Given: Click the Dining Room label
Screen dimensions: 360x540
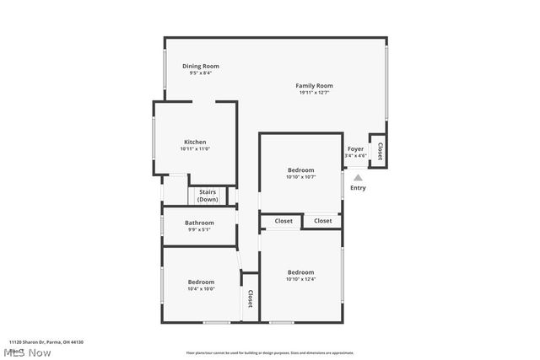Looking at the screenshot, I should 201,66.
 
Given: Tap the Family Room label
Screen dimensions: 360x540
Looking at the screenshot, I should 314,85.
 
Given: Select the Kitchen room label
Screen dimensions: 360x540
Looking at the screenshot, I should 195,142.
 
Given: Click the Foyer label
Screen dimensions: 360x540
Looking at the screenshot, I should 356,148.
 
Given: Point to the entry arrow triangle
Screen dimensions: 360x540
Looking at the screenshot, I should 358,177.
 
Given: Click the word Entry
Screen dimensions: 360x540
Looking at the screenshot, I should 358,187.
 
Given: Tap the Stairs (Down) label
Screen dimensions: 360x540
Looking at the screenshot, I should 208,196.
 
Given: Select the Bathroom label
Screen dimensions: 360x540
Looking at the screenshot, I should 200,223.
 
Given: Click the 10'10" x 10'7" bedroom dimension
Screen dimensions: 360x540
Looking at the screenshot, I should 300,177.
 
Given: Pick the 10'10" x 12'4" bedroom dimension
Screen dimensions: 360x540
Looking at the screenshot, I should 300,279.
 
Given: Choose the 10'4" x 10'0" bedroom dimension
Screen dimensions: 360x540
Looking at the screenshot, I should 201,288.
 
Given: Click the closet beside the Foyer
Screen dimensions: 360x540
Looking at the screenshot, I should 380,151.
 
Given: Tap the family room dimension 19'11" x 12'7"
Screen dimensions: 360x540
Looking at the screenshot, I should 314,93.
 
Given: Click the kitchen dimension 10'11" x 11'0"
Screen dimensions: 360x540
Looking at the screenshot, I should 195,149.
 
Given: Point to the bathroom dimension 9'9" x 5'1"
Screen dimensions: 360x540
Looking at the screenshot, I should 200,229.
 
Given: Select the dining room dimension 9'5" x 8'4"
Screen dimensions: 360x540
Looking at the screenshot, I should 201,73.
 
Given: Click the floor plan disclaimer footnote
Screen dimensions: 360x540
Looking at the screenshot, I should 270,353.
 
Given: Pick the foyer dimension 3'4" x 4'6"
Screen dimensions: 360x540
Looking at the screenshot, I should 356,155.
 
